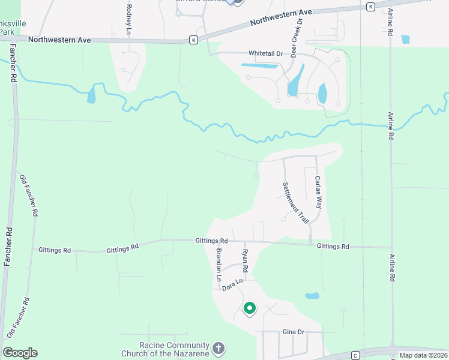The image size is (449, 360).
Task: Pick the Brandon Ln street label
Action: coord(219,265)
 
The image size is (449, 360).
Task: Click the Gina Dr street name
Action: coord(294,332)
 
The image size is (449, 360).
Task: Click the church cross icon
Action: coord(218,348)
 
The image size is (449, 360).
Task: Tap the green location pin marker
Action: coord(249,308)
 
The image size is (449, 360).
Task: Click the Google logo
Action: coord(20,353)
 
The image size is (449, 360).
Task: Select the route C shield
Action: coord(355,355)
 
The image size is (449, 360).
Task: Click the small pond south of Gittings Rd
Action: coord(312,296)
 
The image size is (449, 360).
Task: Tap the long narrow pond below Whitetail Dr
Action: coord(259,64)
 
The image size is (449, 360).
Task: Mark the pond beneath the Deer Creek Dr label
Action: coord(294,87)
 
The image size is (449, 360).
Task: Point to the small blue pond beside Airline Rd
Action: coord(405,40)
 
